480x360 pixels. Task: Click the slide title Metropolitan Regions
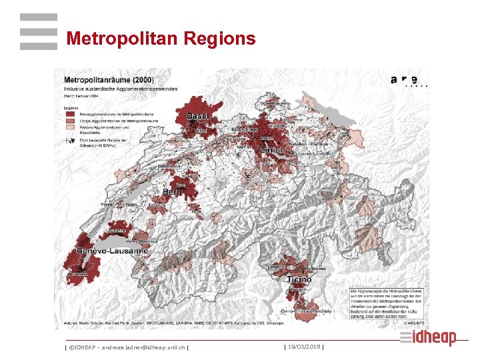pos(161,39)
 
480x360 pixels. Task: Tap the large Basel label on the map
pos(197,117)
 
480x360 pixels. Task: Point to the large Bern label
pos(173,192)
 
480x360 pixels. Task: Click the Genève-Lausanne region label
pos(106,251)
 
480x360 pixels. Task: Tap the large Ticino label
pos(299,280)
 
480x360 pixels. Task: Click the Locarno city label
pos(276,266)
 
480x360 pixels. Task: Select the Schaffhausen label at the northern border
pos(275,104)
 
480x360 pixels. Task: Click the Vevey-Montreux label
pos(143,241)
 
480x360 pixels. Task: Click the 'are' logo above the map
pos(406,79)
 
